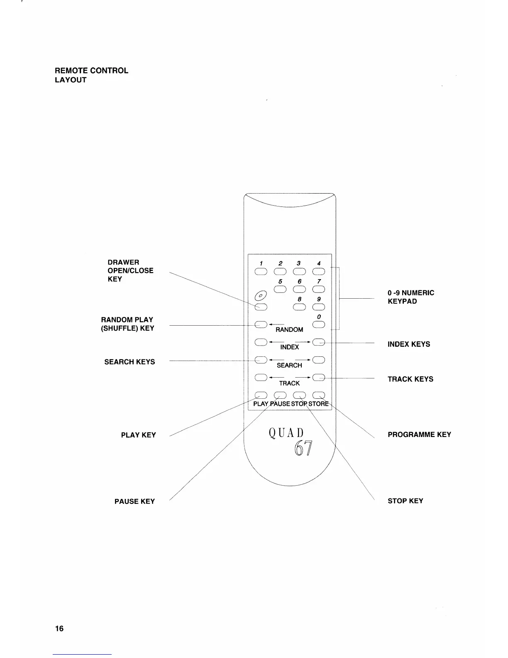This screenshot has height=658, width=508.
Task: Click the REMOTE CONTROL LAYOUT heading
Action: point(91,75)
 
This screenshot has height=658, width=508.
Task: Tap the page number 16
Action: point(59,629)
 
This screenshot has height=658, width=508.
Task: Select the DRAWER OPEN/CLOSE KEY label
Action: point(130,270)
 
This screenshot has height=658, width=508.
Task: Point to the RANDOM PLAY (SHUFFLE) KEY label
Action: point(127,324)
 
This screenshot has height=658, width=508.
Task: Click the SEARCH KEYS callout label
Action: point(129,362)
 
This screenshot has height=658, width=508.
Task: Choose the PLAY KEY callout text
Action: point(138,435)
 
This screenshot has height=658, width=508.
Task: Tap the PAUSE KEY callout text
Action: point(134,501)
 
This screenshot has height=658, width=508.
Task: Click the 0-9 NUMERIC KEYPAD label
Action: point(410,297)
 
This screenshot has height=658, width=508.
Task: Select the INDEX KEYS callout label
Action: point(409,344)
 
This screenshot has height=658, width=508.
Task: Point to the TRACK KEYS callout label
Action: point(410,379)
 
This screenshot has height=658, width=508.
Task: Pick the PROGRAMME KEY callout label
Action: point(419,435)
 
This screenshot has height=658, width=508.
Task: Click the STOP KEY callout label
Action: point(405,501)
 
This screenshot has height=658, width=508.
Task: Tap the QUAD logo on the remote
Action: point(286,433)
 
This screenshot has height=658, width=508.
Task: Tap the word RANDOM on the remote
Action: point(289,330)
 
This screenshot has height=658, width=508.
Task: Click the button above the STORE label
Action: point(318,395)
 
